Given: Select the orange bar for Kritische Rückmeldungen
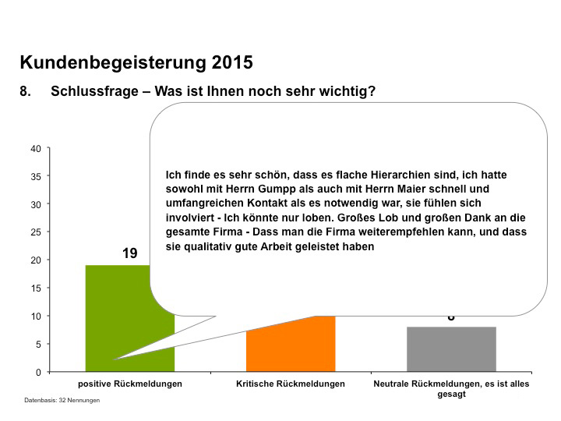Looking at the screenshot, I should tap(290, 347).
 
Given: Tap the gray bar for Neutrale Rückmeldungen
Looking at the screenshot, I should tap(451, 349).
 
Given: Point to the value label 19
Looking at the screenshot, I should tap(129, 253).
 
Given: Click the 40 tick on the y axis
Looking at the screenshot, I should tap(36, 148).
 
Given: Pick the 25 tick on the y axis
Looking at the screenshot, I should tap(36, 232).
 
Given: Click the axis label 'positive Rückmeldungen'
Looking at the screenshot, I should tap(129, 384).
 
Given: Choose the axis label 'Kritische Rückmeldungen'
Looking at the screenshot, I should tap(290, 384).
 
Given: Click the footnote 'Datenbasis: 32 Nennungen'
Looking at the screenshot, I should tap(62, 400).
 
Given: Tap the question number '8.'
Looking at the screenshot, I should tap(26, 91).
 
